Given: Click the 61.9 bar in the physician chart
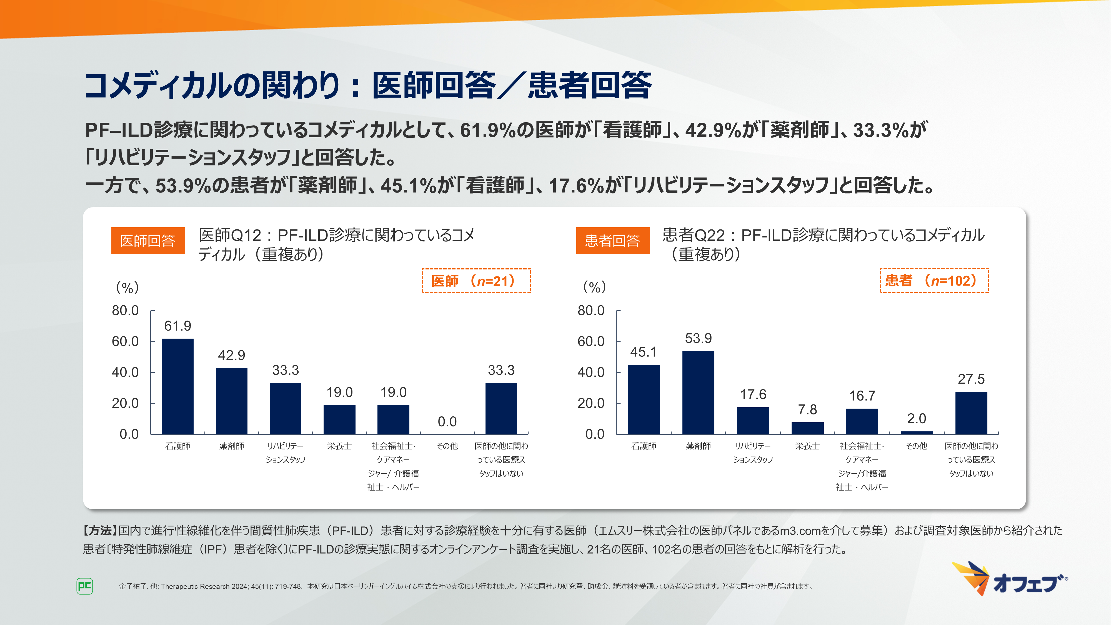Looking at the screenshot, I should [178, 386].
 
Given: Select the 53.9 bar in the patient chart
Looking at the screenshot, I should [698, 392].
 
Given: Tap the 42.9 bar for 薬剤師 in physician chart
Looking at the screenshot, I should [232, 401].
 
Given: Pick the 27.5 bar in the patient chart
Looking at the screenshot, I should [971, 413].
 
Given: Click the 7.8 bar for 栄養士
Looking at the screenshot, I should [807, 428].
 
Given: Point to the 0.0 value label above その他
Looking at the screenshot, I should [447, 421].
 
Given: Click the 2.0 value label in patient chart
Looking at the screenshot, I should [917, 418].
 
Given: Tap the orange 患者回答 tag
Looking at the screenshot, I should [612, 241].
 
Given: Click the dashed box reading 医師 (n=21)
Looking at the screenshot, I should [476, 281].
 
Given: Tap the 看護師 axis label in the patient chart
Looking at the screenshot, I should [644, 446].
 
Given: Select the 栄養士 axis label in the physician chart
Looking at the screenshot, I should [339, 446].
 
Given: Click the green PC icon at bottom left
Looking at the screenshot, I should [84, 586].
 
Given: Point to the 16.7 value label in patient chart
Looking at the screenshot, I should [862, 396].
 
